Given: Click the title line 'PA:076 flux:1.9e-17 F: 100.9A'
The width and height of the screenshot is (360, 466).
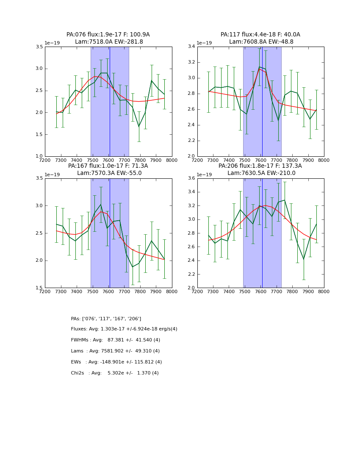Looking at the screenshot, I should (x=108, y=35).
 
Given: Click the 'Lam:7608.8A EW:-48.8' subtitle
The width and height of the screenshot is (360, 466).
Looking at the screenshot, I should (x=261, y=42).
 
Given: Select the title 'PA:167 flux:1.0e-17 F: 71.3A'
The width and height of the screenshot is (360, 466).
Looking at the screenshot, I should (x=108, y=166).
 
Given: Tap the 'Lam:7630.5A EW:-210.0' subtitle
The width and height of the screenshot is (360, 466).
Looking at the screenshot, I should (x=261, y=173).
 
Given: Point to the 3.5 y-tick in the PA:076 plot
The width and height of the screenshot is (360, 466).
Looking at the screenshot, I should (x=39, y=47).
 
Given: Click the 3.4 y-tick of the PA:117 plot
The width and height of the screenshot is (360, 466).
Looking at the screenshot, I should (x=191, y=47).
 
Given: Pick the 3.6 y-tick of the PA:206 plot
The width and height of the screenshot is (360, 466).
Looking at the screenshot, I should (x=191, y=178).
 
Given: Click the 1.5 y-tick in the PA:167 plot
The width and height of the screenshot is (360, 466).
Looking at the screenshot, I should (x=39, y=288).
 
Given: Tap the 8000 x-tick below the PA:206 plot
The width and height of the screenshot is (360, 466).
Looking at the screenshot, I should (x=324, y=291).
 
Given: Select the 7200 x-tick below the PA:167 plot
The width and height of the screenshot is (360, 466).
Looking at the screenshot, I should (x=45, y=291).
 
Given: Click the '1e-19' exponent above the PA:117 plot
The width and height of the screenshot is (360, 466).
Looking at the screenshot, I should (x=204, y=43).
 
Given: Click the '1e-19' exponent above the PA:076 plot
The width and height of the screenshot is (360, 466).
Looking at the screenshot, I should (x=52, y=43).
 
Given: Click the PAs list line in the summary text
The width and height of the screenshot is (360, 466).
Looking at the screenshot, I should (x=106, y=319).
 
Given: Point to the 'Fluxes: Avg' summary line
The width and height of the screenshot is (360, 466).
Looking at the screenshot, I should (x=124, y=329).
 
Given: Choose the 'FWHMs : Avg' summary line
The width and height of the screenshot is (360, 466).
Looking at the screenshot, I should (x=116, y=340).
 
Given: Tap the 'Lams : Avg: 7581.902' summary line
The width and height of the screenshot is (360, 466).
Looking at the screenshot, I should (x=115, y=351).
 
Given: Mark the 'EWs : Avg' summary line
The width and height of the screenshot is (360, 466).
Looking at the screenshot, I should (x=116, y=362).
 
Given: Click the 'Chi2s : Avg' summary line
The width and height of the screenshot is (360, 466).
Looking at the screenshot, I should (x=115, y=373).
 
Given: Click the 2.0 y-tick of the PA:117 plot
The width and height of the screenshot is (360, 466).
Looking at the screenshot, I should (x=191, y=156).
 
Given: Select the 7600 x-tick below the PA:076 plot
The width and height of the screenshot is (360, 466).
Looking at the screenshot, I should (x=108, y=160).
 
